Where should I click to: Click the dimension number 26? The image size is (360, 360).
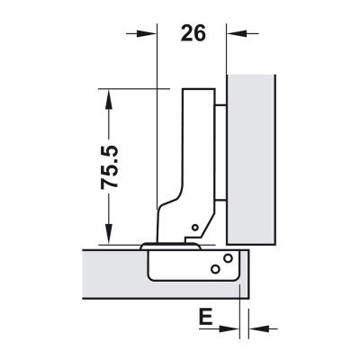193,33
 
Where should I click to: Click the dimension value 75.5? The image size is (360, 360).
110,167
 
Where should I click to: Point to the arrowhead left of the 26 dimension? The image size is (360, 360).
147,33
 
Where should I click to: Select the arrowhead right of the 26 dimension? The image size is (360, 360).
237,33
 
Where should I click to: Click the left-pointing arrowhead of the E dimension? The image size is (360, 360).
259,328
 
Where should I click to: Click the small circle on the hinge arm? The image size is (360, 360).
195,228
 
